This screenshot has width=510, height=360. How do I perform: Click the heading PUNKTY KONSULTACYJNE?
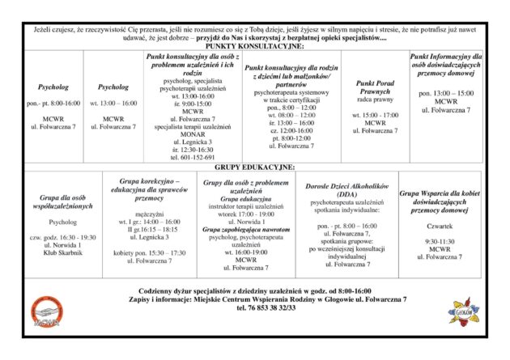pos(254,47)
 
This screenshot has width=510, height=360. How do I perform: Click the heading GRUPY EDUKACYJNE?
pos(254,166)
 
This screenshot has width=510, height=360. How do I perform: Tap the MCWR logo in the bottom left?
pos(47,314)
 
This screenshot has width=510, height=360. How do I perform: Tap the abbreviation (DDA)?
pos(347,195)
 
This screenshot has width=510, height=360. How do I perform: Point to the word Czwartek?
pos(440,226)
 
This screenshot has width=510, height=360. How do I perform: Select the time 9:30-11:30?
pos(440,241)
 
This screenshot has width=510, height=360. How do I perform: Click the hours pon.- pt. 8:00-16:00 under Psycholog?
pos(53,104)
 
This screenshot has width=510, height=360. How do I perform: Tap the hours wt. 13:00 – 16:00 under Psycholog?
pos(113,104)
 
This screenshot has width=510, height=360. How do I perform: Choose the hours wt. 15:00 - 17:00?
pos(375,115)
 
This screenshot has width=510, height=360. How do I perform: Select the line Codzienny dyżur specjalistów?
pos(254,290)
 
